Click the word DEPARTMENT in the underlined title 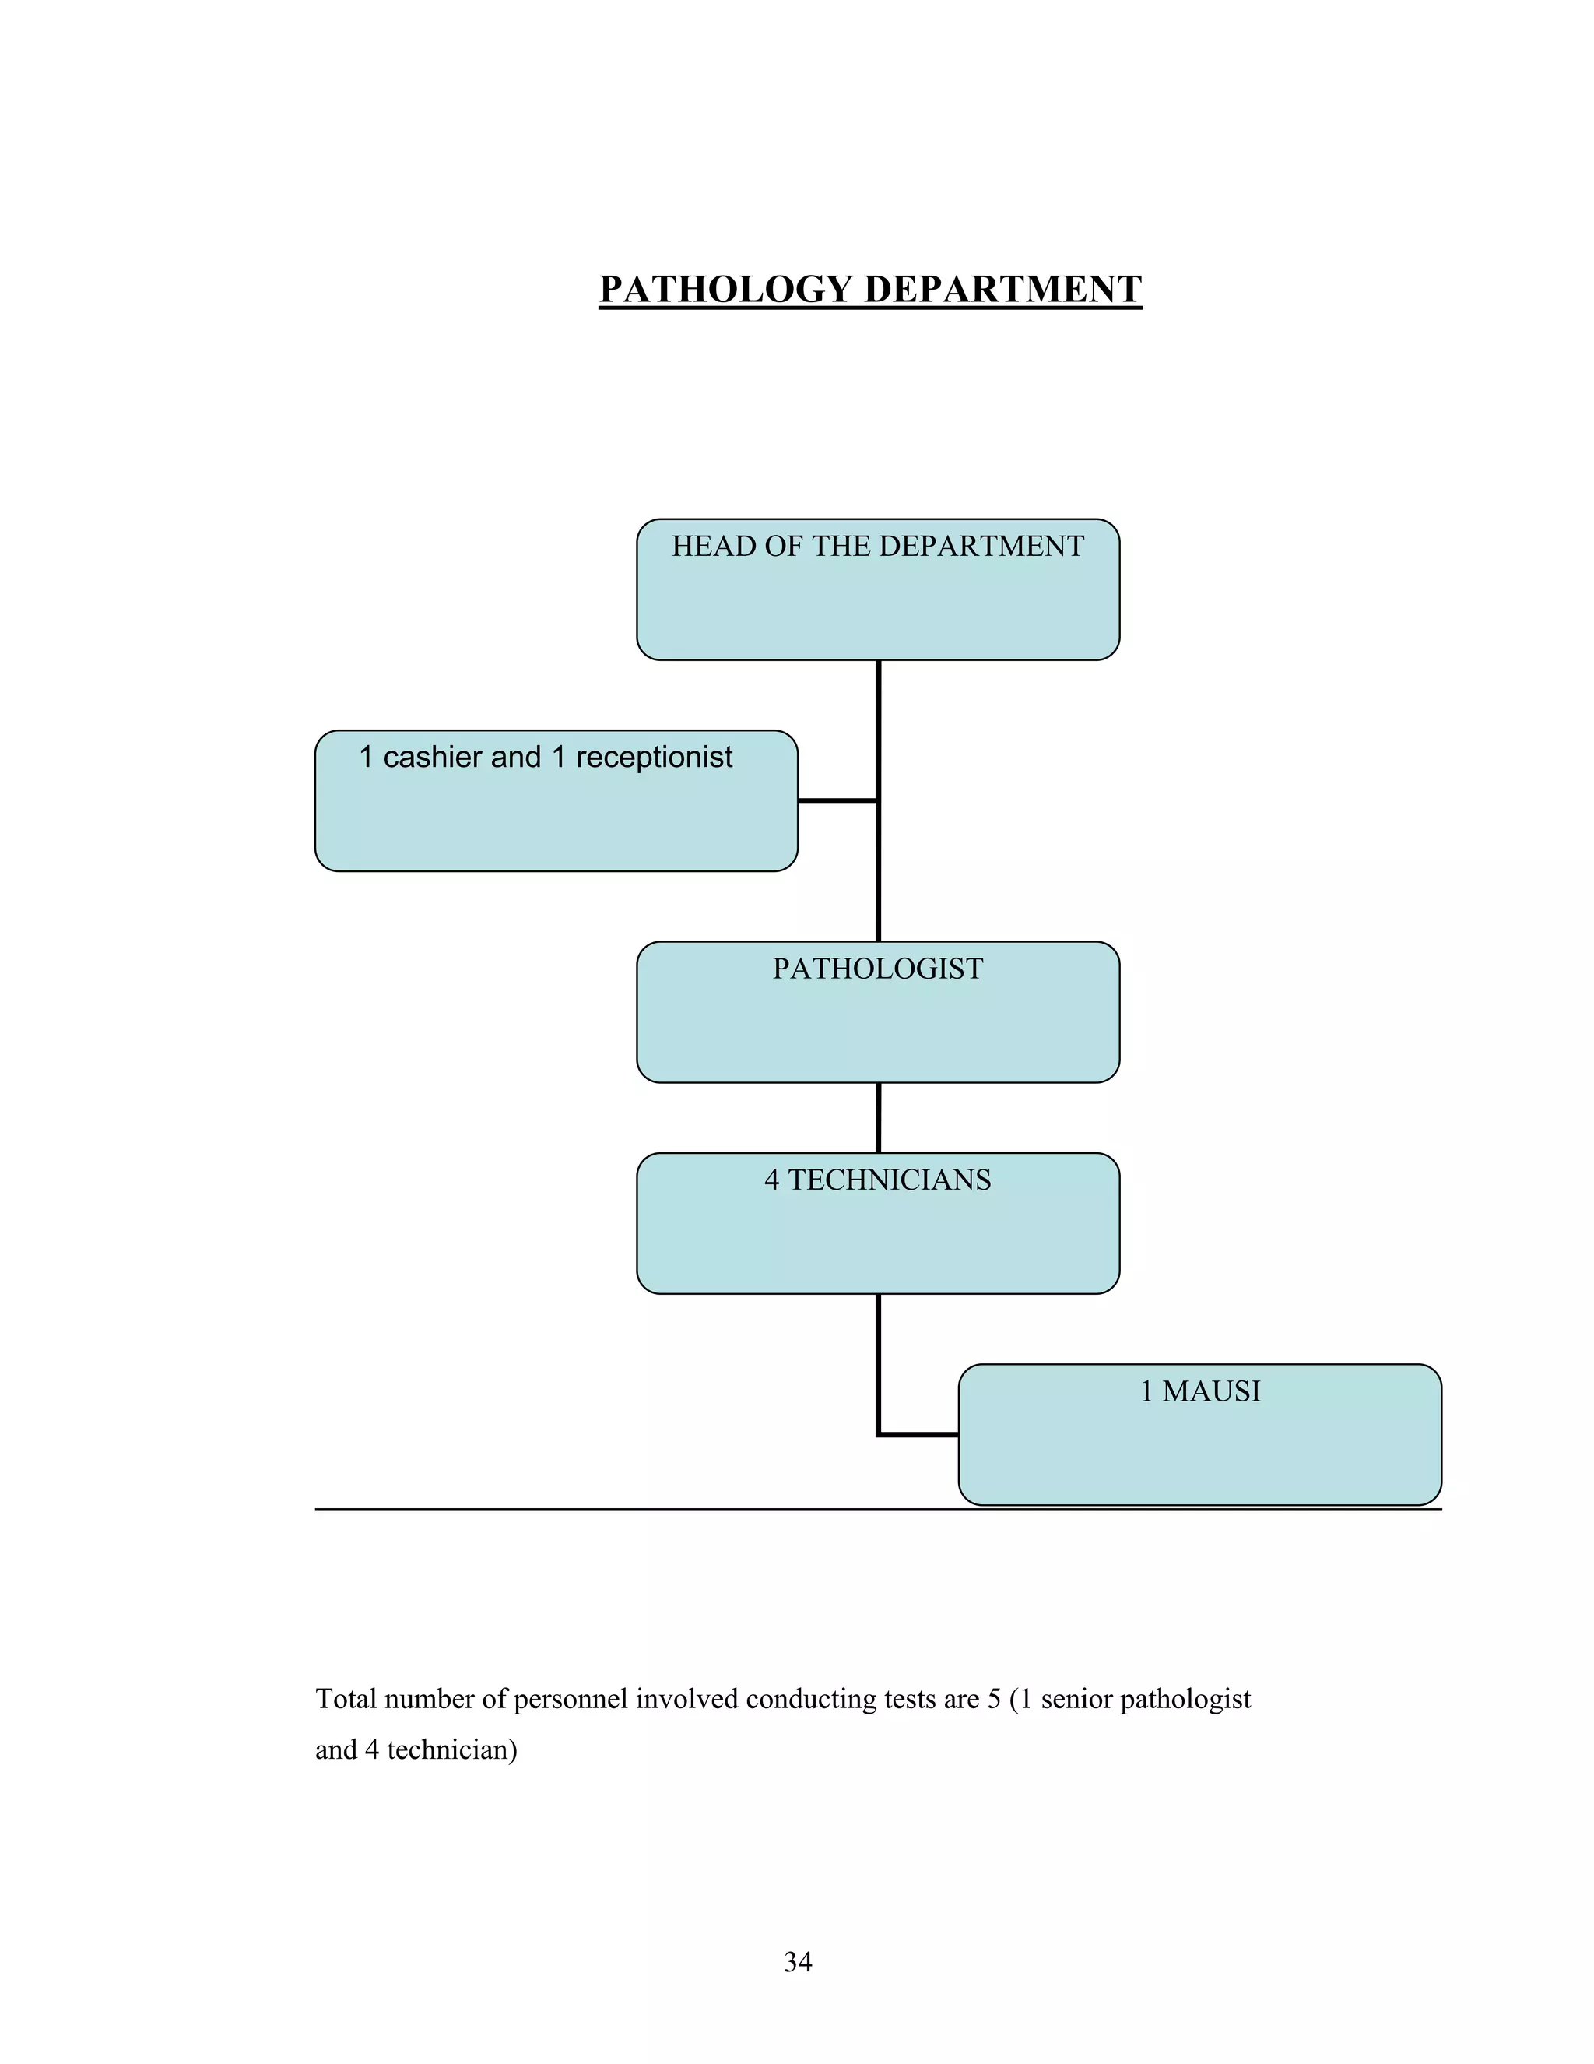point(1002,289)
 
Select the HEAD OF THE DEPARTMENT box point(878,605)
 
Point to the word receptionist point(654,757)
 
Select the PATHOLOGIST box point(878,1025)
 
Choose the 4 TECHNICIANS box point(878,1238)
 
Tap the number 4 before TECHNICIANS point(772,1180)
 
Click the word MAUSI point(1210,1391)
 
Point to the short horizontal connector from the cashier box point(837,800)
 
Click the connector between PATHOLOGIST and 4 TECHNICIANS point(878,1117)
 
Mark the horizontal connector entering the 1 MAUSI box point(918,1435)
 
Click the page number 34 point(798,1962)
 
